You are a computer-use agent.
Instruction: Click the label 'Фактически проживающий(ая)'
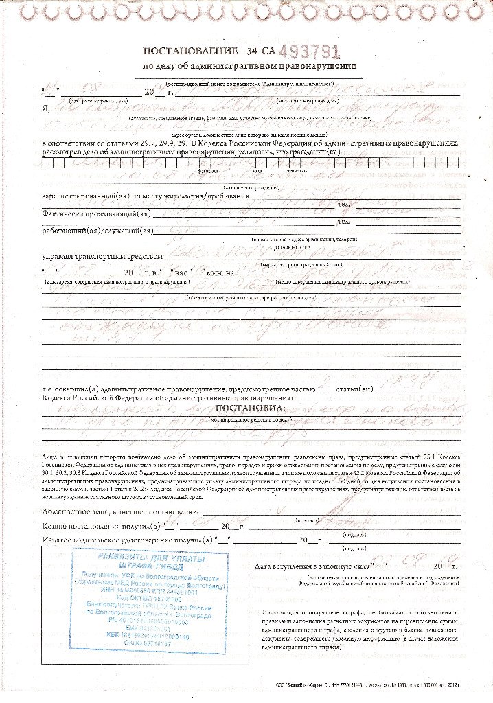coord(95,214)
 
